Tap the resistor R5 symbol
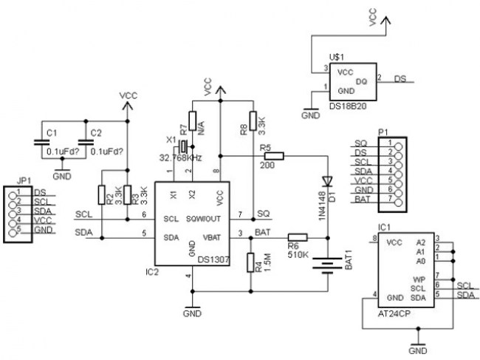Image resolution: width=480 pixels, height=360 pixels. pyautogui.click(x=273, y=156)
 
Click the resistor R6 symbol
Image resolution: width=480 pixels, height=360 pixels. pyautogui.click(x=297, y=237)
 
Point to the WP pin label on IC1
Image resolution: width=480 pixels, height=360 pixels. pyautogui.click(x=419, y=279)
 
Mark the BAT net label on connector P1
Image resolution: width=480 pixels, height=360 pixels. pyautogui.click(x=361, y=200)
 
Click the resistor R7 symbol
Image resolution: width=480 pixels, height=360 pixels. pyautogui.click(x=192, y=120)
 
